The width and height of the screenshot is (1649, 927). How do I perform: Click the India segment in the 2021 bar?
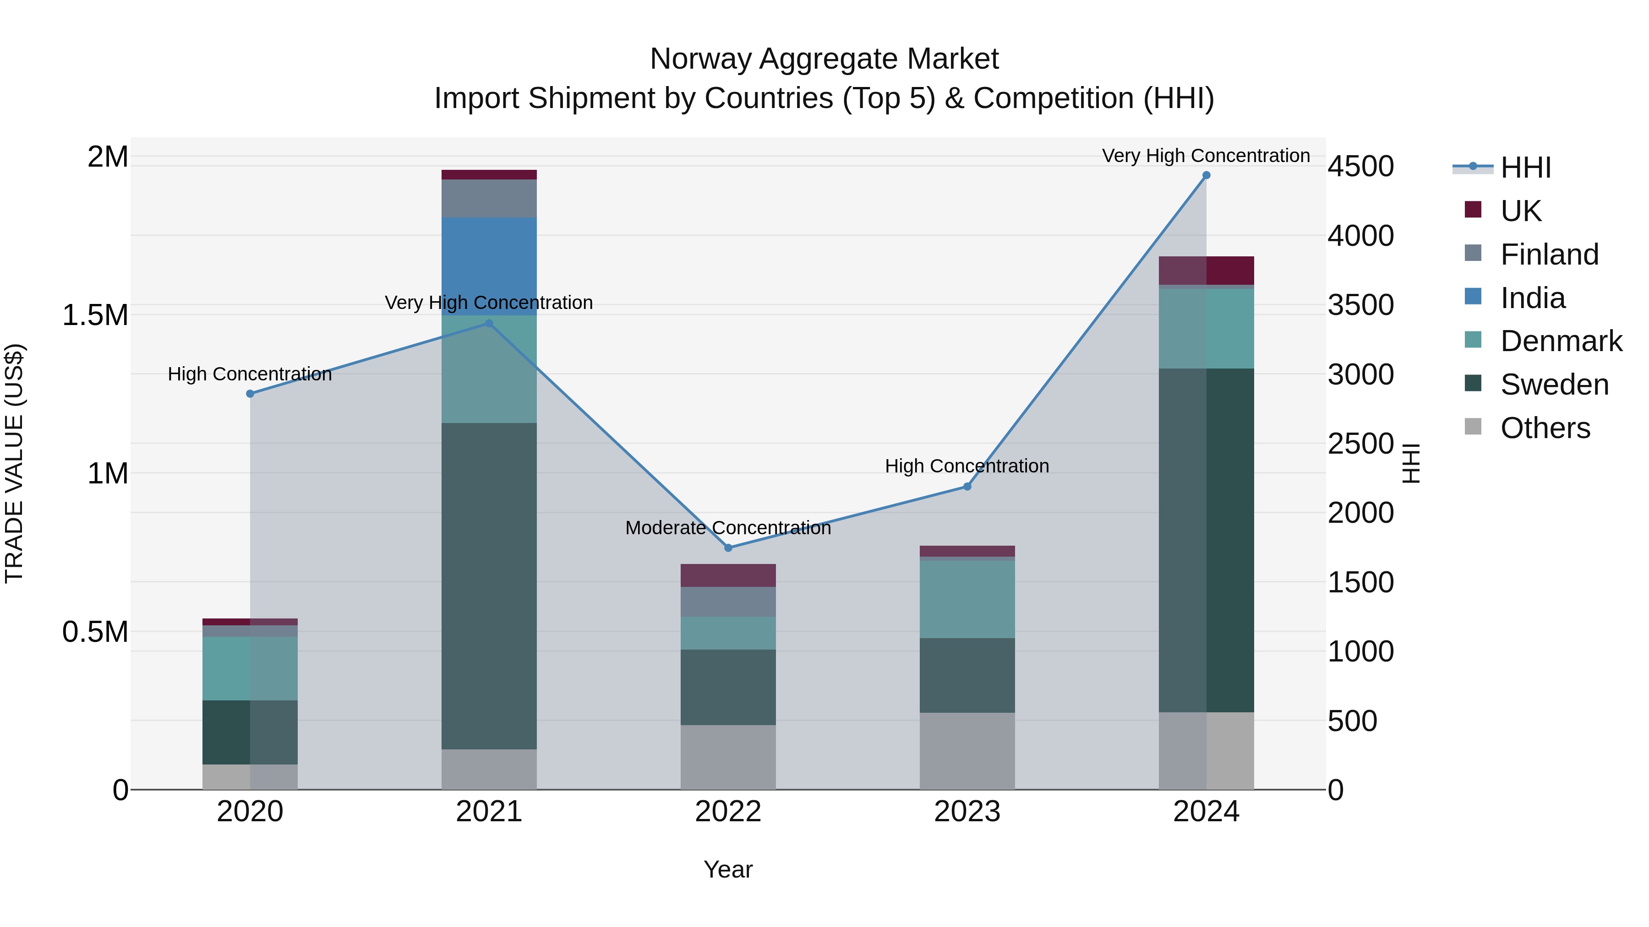click(x=489, y=266)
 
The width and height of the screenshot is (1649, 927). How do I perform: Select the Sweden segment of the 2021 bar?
click(x=489, y=585)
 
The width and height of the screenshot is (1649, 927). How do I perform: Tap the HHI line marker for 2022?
click(x=728, y=548)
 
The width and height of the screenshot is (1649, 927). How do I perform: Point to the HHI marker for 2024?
click(x=1206, y=175)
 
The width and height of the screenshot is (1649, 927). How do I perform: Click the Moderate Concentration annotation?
click(x=728, y=528)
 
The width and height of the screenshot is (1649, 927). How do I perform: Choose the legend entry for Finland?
click(x=1549, y=255)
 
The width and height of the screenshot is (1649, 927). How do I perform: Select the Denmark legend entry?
click(x=1561, y=341)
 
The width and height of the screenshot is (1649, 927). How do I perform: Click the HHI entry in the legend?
click(x=1525, y=168)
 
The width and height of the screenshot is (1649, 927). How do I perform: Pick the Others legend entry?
click(x=1544, y=428)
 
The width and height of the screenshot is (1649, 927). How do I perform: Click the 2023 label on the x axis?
click(x=966, y=812)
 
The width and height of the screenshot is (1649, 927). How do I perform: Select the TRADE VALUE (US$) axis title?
click(x=15, y=463)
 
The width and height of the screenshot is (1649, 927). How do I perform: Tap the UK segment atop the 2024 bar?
click(x=1206, y=270)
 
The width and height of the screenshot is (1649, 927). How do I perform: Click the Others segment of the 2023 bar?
click(x=966, y=751)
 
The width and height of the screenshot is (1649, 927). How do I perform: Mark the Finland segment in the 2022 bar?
click(x=728, y=602)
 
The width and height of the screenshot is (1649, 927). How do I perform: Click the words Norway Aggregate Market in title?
click(x=824, y=59)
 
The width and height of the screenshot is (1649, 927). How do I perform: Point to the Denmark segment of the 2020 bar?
click(x=250, y=668)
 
